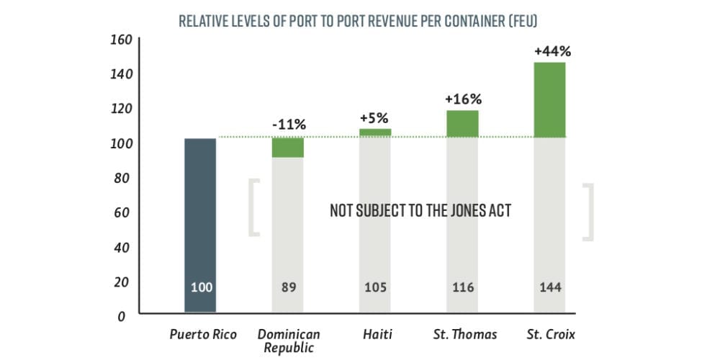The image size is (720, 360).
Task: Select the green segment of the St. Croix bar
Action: [549, 99]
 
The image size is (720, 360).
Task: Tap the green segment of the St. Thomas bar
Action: [462, 123]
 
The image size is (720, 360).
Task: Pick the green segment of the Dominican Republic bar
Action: [288, 147]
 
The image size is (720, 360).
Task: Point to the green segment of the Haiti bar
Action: [375, 132]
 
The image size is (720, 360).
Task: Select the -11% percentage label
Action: [287, 125]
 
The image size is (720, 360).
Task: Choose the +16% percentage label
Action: [462, 99]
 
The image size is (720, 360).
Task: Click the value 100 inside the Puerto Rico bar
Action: [201, 287]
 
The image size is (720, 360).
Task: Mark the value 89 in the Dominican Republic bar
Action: [288, 287]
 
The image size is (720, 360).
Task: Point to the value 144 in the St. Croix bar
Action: [550, 287]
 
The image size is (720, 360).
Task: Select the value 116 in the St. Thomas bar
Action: [463, 287]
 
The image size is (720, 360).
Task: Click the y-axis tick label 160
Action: [120, 39]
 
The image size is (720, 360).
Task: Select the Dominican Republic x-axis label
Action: [288, 340]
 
